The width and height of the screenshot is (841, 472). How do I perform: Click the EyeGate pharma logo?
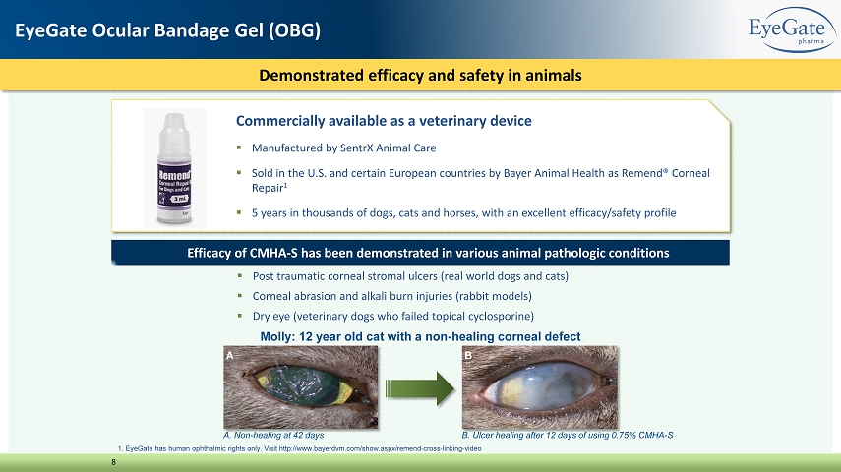pyautogui.click(x=792, y=29)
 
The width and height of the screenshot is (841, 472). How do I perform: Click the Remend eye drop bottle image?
pyautogui.click(x=174, y=168)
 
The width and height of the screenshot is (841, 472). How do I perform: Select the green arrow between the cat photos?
pyautogui.click(x=419, y=388)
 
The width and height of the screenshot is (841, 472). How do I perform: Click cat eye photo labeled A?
pyautogui.click(x=301, y=386)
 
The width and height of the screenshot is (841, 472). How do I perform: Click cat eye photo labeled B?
pyautogui.click(x=540, y=386)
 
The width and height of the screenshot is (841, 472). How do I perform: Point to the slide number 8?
pyautogui.click(x=114, y=462)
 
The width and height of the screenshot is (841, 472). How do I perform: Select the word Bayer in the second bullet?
pyautogui.click(x=517, y=173)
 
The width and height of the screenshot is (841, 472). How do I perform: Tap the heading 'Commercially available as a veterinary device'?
pyautogui.click(x=384, y=121)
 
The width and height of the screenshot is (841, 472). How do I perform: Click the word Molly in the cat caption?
pyautogui.click(x=276, y=337)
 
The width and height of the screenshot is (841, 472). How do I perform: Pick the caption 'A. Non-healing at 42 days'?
pyautogui.click(x=273, y=435)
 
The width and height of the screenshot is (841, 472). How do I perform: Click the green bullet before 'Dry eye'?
pyautogui.click(x=240, y=316)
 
